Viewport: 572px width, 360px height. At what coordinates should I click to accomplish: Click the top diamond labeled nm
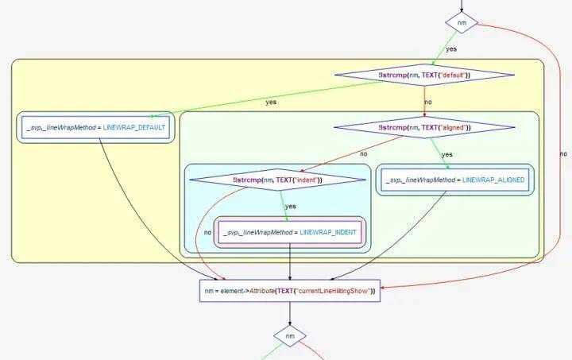[x=462, y=23]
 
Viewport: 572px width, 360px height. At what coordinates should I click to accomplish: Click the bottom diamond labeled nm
[x=290, y=337]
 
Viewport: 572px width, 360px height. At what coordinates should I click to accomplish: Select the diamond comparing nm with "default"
[x=424, y=75]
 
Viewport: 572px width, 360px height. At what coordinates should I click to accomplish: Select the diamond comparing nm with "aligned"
[x=423, y=127]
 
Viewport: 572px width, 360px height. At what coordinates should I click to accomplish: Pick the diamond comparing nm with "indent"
[x=277, y=180]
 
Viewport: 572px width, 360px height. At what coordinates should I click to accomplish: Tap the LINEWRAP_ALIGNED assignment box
[x=450, y=180]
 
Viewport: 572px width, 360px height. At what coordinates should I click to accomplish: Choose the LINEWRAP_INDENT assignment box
[x=290, y=232]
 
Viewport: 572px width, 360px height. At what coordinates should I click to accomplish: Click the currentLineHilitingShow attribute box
[x=290, y=292]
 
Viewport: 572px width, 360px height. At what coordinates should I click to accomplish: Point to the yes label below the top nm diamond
[x=451, y=48]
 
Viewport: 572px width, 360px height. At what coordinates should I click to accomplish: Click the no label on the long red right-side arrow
[x=563, y=153]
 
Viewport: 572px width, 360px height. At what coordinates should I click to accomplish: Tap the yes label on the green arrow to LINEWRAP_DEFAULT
[x=271, y=103]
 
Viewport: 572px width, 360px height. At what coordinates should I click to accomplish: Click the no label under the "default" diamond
[x=428, y=103]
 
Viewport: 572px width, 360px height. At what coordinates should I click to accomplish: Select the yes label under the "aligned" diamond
[x=446, y=154]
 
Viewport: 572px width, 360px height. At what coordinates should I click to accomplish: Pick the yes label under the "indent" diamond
[x=290, y=206]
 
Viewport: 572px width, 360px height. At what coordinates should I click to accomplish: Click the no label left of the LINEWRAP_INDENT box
[x=207, y=232]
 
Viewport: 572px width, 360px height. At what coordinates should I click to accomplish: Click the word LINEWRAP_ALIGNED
[x=493, y=180]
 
